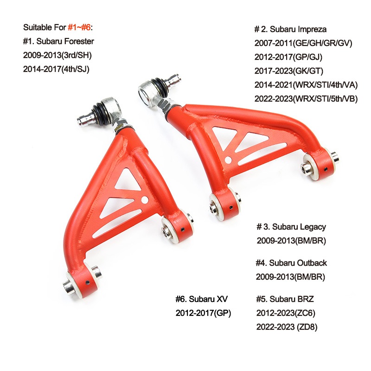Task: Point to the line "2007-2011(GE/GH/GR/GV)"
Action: coord(304,44)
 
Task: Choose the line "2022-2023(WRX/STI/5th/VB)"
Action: coord(306,98)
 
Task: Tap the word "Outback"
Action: coord(311,263)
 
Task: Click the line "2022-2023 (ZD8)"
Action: coord(287,327)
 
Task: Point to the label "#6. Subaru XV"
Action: coord(202,299)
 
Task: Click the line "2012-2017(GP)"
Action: coord(203,313)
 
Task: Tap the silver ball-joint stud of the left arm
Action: coord(86,119)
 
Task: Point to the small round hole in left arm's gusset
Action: coord(145,201)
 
